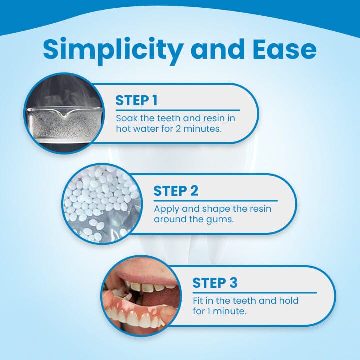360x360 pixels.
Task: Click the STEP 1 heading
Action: (x=136, y=100)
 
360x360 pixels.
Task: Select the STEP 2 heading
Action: (x=176, y=191)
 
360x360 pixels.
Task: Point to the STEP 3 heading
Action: (x=215, y=283)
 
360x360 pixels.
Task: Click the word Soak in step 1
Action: (x=125, y=119)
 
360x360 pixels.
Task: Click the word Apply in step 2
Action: (x=165, y=209)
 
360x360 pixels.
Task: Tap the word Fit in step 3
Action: (x=198, y=301)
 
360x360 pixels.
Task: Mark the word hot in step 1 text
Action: (x=123, y=128)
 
